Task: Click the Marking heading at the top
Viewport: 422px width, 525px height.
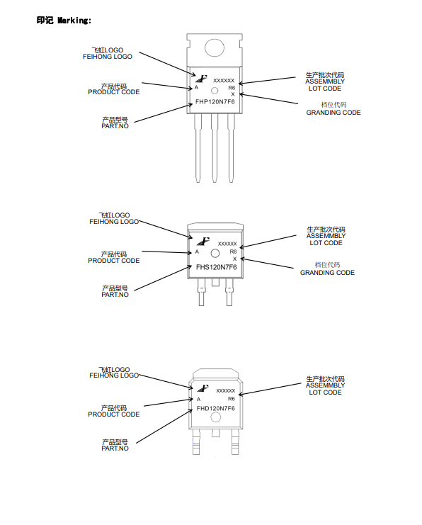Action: [x=64, y=21]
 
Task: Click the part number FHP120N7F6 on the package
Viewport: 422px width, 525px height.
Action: [x=215, y=102]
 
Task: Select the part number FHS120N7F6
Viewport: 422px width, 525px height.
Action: [x=216, y=267]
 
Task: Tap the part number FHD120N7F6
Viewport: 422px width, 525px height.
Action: [x=215, y=409]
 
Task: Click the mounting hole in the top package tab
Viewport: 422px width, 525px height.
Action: [x=215, y=48]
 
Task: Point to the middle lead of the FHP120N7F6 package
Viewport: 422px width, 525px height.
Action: [x=215, y=148]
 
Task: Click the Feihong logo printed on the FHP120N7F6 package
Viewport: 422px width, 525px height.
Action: [x=202, y=79]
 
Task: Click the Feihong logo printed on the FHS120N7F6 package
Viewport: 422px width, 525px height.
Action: [x=203, y=241]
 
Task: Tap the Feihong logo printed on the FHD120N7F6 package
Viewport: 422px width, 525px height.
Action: [x=203, y=388]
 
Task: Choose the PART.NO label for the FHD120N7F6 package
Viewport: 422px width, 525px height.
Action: [x=115, y=445]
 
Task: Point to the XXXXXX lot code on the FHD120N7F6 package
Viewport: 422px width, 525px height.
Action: [x=226, y=390]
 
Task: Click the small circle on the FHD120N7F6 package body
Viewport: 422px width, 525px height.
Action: [x=215, y=417]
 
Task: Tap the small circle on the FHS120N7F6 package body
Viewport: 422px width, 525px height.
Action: [x=215, y=254]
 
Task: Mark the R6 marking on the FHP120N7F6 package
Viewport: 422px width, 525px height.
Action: [x=232, y=88]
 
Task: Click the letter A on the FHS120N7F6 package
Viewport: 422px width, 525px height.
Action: [x=197, y=252]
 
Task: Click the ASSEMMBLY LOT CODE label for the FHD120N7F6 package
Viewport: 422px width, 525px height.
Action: [x=325, y=385]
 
